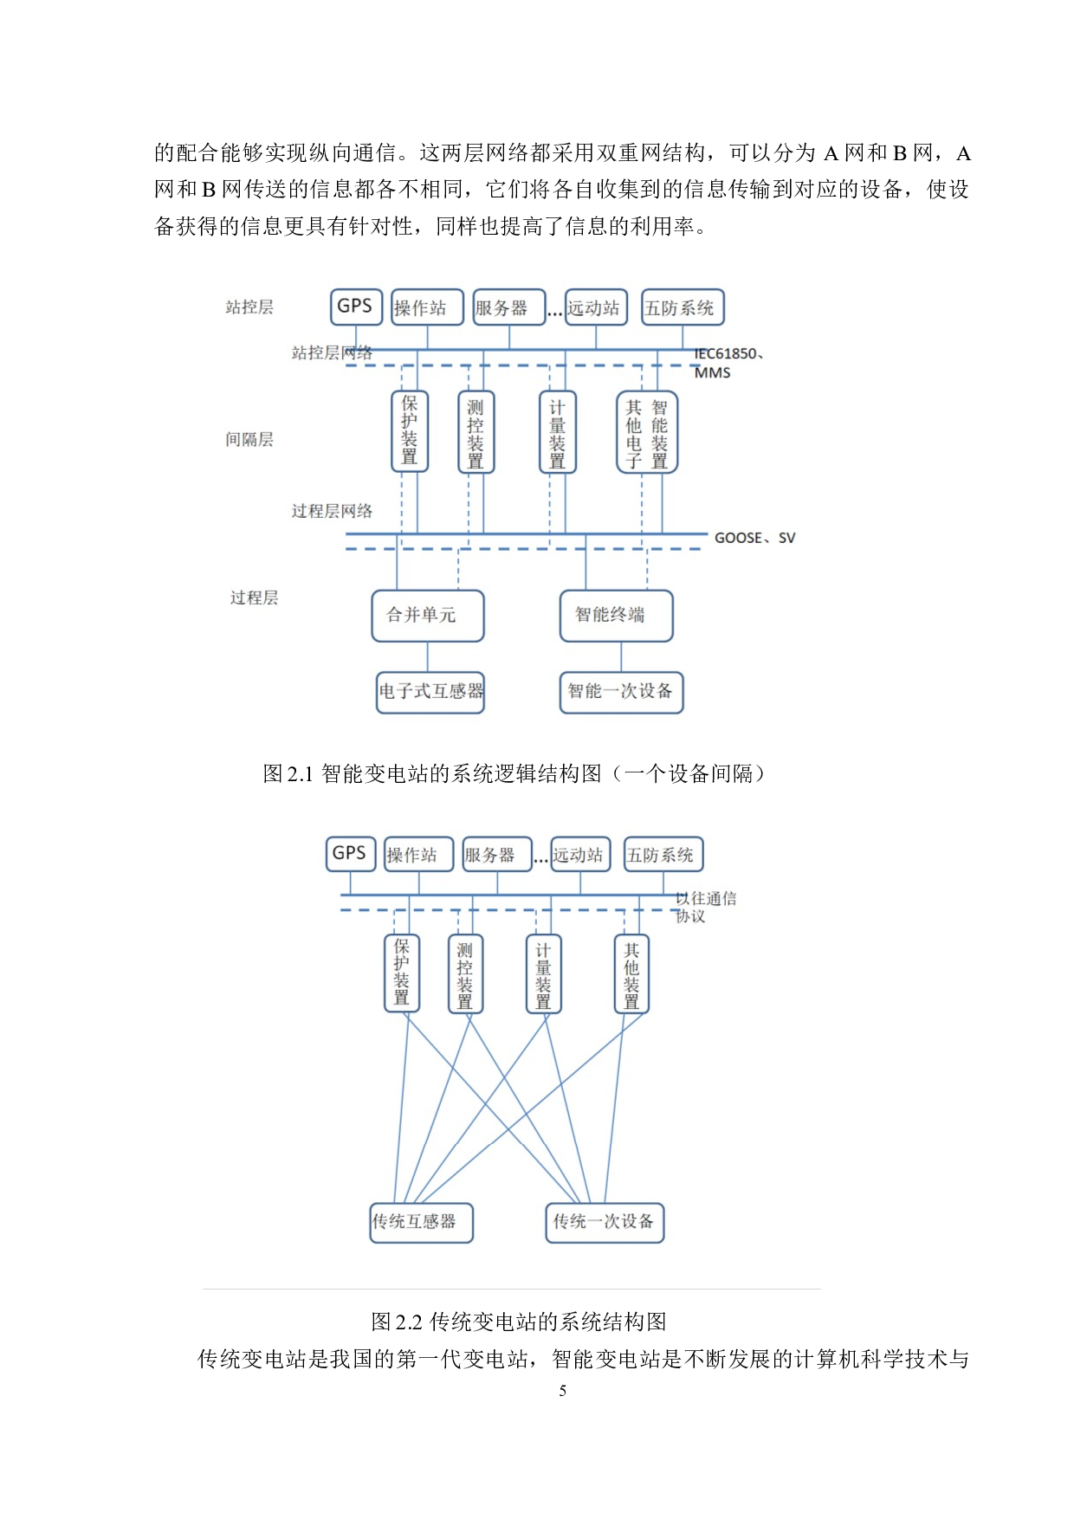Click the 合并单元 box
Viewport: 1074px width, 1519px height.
[x=427, y=616]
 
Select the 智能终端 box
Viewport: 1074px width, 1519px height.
[x=616, y=616]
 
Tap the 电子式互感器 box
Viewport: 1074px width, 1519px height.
[x=430, y=692]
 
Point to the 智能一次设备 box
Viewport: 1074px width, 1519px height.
[x=621, y=692]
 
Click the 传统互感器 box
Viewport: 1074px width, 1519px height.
[x=421, y=1222]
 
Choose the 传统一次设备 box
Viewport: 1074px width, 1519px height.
[x=605, y=1222]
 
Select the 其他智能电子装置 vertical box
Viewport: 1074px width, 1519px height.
[x=647, y=432]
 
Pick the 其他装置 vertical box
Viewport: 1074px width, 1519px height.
[x=631, y=973]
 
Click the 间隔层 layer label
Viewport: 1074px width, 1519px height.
[x=249, y=440]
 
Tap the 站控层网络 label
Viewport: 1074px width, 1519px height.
[x=332, y=352]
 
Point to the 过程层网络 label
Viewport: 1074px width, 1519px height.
[x=332, y=511]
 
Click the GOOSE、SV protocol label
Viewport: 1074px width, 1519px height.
[x=754, y=538]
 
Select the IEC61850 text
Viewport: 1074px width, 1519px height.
[x=726, y=353]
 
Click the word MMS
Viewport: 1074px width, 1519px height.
[x=712, y=372]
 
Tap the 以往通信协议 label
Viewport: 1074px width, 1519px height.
[x=706, y=907]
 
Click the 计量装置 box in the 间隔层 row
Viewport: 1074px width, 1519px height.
[x=557, y=432]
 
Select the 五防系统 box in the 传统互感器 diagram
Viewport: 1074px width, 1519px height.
[x=663, y=855]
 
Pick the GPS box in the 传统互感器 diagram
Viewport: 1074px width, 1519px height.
[x=350, y=853]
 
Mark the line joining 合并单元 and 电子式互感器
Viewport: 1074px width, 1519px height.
[x=427, y=656]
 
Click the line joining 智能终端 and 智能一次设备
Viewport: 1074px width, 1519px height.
[x=621, y=656]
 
